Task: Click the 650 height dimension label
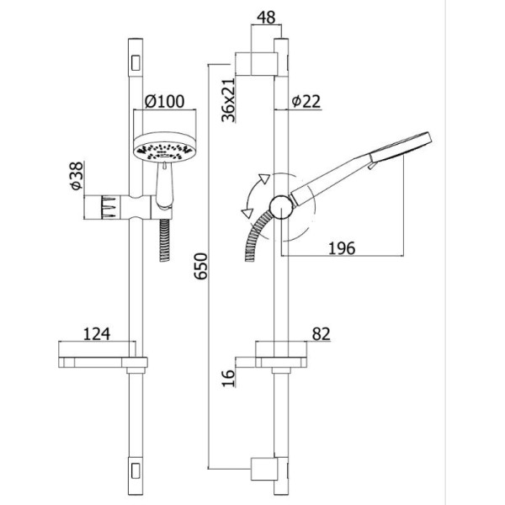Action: (202, 266)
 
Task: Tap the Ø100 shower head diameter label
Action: (164, 102)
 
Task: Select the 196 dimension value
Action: (342, 248)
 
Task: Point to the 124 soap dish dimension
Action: (97, 333)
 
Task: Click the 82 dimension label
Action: (322, 333)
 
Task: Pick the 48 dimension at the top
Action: (266, 18)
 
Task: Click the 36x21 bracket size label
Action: (229, 99)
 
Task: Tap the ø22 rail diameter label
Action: (306, 102)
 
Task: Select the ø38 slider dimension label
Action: (77, 176)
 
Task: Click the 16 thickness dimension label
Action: (228, 378)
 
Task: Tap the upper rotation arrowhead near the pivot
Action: (264, 178)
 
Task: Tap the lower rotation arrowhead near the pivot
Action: (247, 213)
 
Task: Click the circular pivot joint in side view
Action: (281, 207)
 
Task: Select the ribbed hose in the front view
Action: (165, 240)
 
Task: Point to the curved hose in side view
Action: (256, 233)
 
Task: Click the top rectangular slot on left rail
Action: (136, 62)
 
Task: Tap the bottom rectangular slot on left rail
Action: (136, 471)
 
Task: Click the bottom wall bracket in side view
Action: (264, 469)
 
